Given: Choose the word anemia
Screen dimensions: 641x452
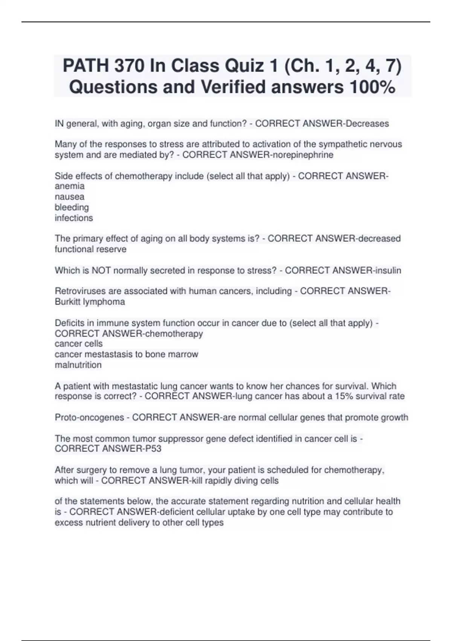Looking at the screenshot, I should tap(70, 186).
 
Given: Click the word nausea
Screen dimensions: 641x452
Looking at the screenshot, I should tap(69, 197).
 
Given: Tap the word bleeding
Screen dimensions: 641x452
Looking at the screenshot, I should tap(72, 207).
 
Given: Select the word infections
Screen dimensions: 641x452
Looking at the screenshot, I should tap(73, 218).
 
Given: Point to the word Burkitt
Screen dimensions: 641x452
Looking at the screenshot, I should tap(67, 302).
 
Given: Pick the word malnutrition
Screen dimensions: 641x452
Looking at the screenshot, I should tap(78, 365).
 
